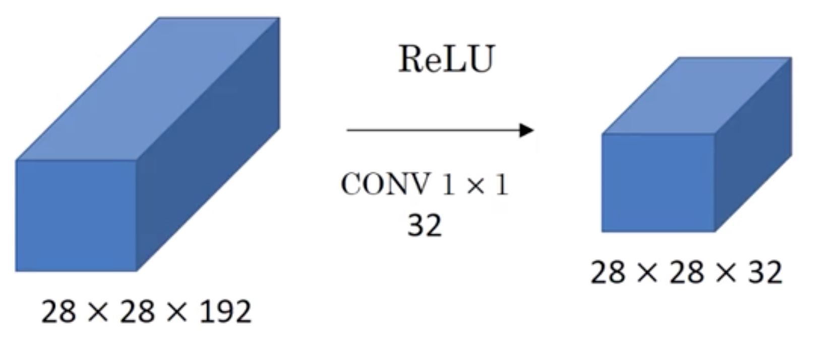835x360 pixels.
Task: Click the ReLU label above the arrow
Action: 447,59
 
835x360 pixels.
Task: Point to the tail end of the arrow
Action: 347,130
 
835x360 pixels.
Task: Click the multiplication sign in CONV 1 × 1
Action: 475,186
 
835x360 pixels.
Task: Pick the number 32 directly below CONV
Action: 425,225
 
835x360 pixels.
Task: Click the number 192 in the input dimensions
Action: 225,312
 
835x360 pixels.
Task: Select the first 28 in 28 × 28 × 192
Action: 58,312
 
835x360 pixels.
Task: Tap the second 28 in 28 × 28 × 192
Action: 137,312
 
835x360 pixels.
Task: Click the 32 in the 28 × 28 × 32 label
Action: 764,272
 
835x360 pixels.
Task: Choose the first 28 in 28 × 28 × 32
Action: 608,272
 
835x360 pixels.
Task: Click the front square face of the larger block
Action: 76,216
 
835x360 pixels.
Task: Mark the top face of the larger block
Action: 148,89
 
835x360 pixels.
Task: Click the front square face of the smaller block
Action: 658,183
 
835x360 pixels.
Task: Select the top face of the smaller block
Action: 697,95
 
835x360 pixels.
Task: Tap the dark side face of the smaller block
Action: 753,145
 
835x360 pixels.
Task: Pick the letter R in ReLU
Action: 412,59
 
